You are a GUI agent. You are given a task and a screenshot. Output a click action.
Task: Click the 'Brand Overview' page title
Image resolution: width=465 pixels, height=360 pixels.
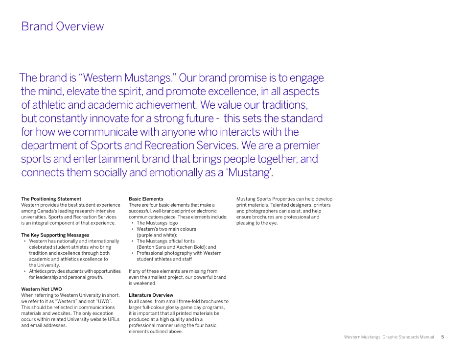coord(62,26)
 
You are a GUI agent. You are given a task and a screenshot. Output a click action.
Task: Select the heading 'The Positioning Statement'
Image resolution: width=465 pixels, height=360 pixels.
coord(51,199)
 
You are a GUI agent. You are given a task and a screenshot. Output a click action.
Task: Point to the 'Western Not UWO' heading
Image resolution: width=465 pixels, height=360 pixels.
coord(42,289)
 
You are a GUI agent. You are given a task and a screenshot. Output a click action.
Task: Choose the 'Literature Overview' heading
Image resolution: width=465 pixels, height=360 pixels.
coord(151,295)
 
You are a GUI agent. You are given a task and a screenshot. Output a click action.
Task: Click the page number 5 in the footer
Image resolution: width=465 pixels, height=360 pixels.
coord(442,337)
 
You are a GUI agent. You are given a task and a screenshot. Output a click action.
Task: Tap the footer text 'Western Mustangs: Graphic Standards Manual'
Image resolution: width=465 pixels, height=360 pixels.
coord(389,337)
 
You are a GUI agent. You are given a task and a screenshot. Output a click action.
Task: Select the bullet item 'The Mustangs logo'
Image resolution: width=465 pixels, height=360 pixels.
coord(157,223)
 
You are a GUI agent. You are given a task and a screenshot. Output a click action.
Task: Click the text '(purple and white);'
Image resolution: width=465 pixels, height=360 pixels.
coord(157,235)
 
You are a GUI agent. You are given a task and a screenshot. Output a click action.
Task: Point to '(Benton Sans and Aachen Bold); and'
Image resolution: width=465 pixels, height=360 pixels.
coord(176,247)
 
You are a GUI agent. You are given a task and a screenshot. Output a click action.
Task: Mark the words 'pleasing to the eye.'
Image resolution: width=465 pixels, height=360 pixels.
coord(257,223)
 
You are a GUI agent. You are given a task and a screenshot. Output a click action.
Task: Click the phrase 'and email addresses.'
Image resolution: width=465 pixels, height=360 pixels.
coord(44,325)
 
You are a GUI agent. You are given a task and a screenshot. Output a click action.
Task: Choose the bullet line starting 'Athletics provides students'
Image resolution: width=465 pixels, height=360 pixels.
coord(74,271)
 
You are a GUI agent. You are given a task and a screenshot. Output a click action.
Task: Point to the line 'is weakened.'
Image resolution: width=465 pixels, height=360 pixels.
coord(142,283)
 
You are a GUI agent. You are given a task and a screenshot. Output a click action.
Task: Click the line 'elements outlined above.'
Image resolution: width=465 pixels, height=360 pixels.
coord(156,332)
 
